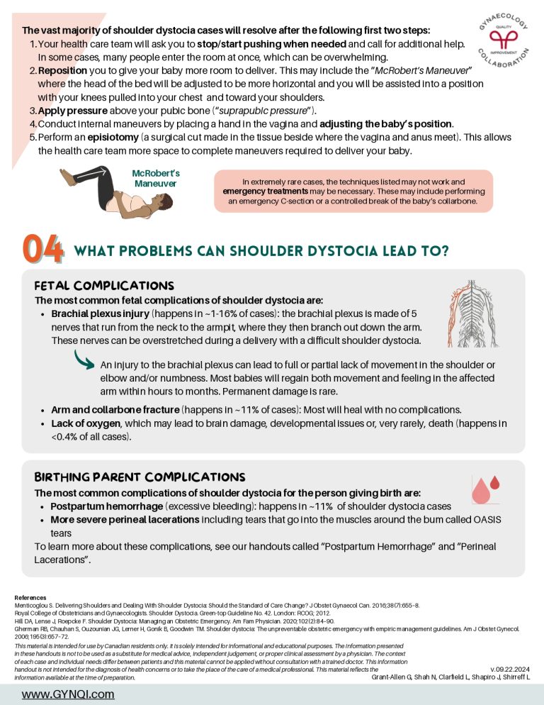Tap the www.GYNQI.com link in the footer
click(x=68, y=694)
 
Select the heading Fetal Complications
click(x=103, y=285)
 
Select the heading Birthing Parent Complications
click(x=140, y=476)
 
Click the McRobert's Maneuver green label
click(x=156, y=178)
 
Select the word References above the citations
click(x=30, y=598)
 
